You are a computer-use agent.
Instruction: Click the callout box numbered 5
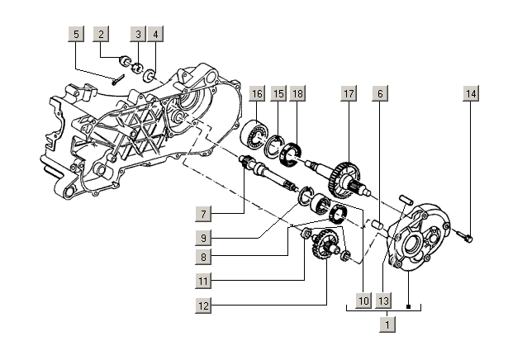click(x=76, y=35)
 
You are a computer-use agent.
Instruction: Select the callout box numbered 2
click(x=101, y=35)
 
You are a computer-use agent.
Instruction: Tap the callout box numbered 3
click(x=139, y=35)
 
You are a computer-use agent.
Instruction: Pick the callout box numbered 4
click(x=155, y=35)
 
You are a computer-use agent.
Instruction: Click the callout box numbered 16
click(x=257, y=94)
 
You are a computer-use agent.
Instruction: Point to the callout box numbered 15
click(x=278, y=94)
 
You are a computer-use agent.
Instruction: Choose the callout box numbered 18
click(x=297, y=94)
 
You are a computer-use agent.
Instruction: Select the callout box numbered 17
click(x=349, y=94)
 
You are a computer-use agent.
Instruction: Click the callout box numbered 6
click(x=379, y=94)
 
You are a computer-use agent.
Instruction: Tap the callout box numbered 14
click(x=470, y=94)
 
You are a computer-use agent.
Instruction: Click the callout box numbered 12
click(x=204, y=306)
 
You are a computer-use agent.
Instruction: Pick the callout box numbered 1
click(x=386, y=324)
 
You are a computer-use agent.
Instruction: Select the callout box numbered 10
click(x=363, y=301)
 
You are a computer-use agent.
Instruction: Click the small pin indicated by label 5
click(x=116, y=79)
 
